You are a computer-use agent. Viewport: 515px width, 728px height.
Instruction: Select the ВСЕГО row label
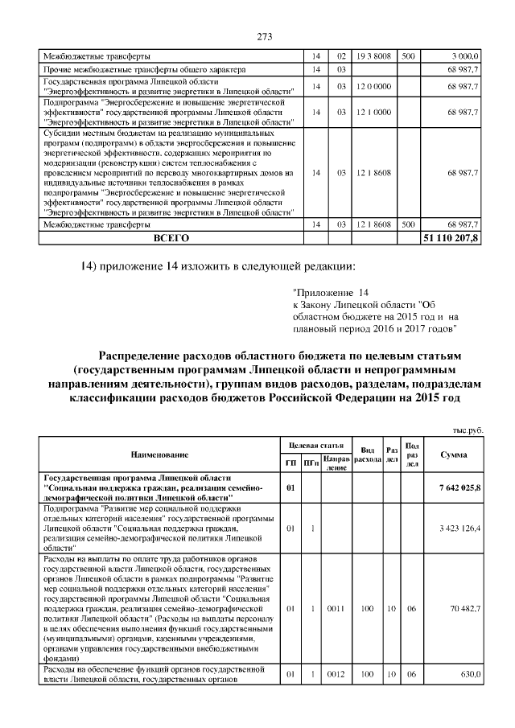(171, 239)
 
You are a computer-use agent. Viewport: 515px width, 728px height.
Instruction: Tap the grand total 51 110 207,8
(451, 239)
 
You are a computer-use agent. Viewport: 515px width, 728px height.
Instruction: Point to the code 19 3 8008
(373, 56)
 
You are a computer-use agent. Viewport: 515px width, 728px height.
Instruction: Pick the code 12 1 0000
(373, 113)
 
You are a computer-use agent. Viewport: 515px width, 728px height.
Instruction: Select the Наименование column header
(159, 455)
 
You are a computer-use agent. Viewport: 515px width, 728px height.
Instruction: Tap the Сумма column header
(454, 455)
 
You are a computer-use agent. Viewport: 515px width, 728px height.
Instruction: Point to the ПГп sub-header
(311, 462)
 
